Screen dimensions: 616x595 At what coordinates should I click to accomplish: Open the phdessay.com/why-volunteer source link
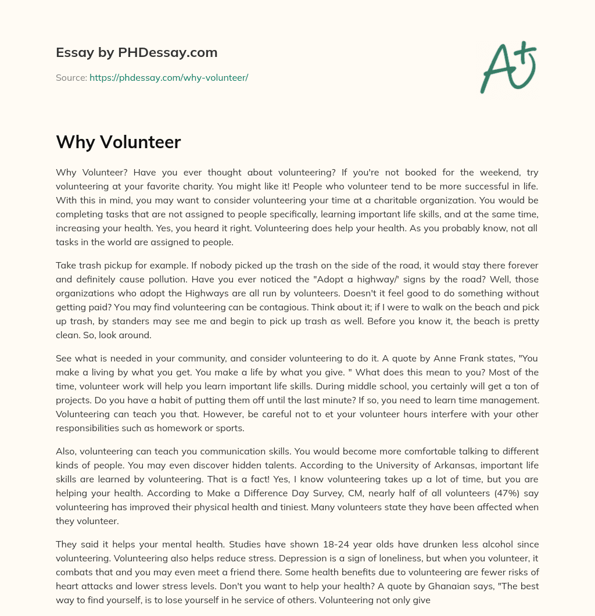click(x=169, y=77)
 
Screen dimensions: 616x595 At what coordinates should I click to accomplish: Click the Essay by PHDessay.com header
click(x=137, y=53)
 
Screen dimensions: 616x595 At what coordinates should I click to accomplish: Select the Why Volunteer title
click(x=119, y=142)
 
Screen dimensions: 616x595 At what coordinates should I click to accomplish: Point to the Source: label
click(x=71, y=77)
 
